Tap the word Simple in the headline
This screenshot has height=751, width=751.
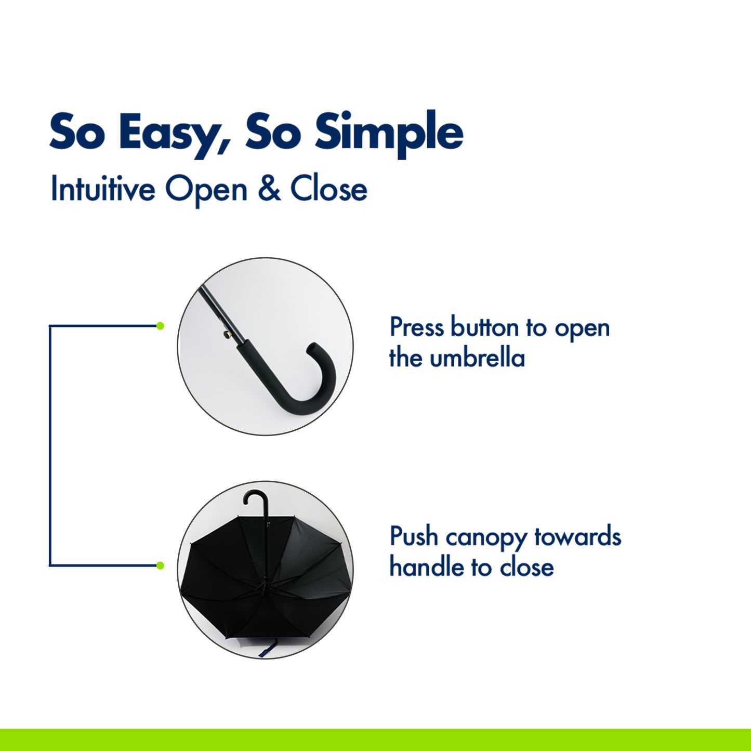389,133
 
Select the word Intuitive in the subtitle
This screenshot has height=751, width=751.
103,188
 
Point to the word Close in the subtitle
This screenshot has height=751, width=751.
328,189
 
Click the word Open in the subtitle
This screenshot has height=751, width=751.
206,191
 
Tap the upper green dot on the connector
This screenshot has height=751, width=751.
160,326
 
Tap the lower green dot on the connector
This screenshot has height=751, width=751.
160,565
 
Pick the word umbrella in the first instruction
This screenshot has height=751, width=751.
478,358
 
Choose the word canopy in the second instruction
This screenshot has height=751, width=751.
486,539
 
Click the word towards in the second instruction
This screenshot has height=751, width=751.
577,536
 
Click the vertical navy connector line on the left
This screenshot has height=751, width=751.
50,445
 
